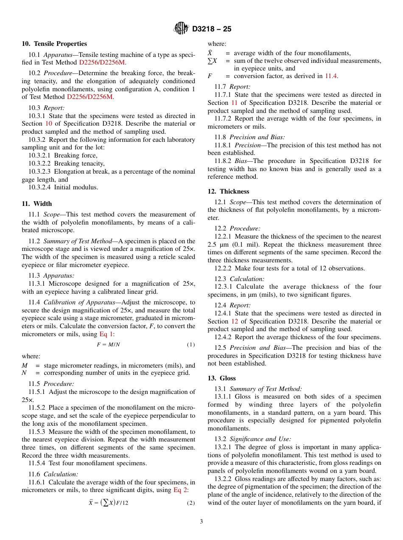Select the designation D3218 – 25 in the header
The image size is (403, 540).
click(x=212, y=29)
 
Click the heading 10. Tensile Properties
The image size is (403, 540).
click(x=54, y=44)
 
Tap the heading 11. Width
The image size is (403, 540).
click(x=37, y=204)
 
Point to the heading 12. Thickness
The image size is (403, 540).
click(x=228, y=191)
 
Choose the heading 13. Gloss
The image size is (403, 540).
click(x=221, y=378)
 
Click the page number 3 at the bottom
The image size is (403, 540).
click(x=201, y=521)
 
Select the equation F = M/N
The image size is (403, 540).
click(x=108, y=345)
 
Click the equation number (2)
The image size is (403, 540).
click(x=191, y=503)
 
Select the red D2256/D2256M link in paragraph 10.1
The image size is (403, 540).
click(x=102, y=62)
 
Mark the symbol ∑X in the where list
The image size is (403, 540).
click(x=212, y=61)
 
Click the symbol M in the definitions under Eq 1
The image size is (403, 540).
click(x=25, y=366)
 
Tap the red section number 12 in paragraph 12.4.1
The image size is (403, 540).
click(x=235, y=321)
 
